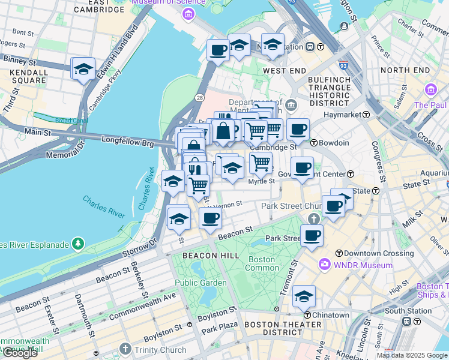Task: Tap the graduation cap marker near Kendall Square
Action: (x=83, y=69)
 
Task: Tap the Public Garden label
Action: (x=200, y=283)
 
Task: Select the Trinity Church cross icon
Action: (x=125, y=349)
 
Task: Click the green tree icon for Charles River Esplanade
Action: (x=77, y=244)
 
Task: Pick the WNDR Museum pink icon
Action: (x=325, y=265)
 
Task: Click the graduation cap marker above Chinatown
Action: (x=304, y=296)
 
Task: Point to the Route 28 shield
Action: (x=199, y=97)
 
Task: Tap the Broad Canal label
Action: (x=71, y=121)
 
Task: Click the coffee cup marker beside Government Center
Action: (x=302, y=168)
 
